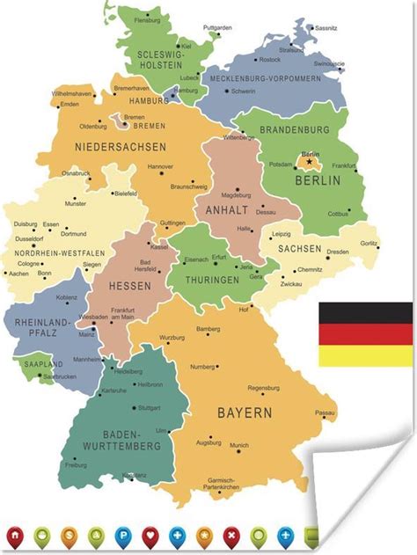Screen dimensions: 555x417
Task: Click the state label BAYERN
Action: (x=245, y=412)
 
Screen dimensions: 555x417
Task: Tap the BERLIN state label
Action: (x=318, y=180)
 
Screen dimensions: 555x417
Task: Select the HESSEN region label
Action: (x=129, y=286)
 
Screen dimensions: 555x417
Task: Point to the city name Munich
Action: (x=239, y=446)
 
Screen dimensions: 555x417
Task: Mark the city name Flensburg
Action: (x=147, y=19)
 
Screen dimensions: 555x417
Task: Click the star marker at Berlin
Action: (x=309, y=162)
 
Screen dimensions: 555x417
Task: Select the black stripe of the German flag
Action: (x=365, y=313)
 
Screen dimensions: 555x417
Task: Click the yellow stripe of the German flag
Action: (x=365, y=355)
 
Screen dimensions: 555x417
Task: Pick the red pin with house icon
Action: (x=14, y=535)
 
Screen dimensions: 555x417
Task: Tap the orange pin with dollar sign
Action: (x=68, y=535)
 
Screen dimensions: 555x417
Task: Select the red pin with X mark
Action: (x=231, y=535)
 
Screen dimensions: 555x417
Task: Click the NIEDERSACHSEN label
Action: (x=109, y=146)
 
